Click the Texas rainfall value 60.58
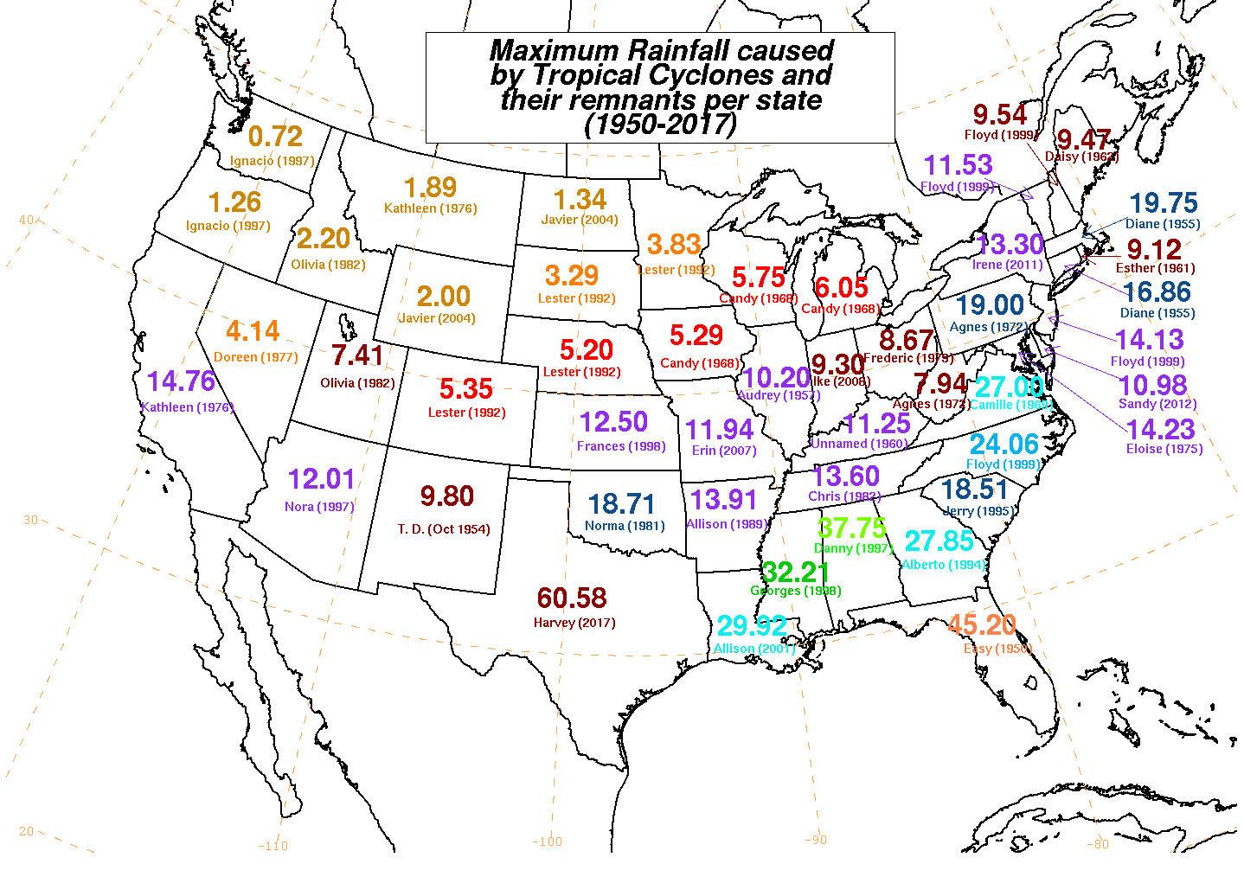tap(571, 598)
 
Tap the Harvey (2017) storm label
tap(574, 623)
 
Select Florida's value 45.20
tap(981, 624)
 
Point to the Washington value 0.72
tap(275, 137)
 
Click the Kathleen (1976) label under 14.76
tap(186, 407)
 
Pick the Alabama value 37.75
tap(852, 528)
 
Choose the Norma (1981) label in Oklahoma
tap(625, 526)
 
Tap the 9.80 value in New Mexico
tap(446, 496)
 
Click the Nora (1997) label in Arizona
tap(319, 506)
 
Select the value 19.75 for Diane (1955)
tap(1163, 203)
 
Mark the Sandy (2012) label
tap(1157, 404)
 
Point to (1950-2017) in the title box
tap(660, 125)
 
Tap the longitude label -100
tap(547, 841)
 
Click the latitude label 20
tap(26, 831)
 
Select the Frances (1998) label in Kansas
tap(620, 446)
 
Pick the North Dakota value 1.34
tap(580, 200)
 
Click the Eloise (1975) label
tap(1164, 449)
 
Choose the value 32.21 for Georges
tap(795, 573)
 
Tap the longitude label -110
tap(273, 846)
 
